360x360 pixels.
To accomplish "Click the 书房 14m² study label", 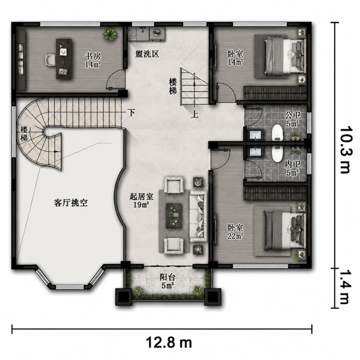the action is [93, 60].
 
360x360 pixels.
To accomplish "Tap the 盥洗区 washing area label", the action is [147, 54].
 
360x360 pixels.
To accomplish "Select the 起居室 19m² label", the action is [141, 200].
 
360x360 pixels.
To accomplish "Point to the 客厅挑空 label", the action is [71, 203].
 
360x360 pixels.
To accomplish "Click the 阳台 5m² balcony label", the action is [167, 282].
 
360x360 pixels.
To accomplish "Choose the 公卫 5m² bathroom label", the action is [292, 119].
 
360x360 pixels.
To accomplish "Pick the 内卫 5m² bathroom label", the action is [292, 168].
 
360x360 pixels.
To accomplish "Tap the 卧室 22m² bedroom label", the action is [235, 231].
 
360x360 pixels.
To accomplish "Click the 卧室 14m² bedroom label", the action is [235, 58].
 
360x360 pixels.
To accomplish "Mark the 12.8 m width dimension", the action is [169, 343].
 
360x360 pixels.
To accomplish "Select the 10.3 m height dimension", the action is [345, 149].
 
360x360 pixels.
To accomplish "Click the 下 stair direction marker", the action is [131, 112].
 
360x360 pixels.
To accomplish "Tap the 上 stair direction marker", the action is [195, 114].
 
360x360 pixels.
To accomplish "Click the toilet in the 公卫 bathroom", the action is [278, 133].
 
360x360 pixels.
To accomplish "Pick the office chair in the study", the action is [50, 60].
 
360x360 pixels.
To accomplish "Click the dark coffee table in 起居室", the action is [174, 216].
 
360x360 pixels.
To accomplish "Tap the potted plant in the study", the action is [110, 34].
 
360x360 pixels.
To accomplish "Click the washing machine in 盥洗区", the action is [157, 33].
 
